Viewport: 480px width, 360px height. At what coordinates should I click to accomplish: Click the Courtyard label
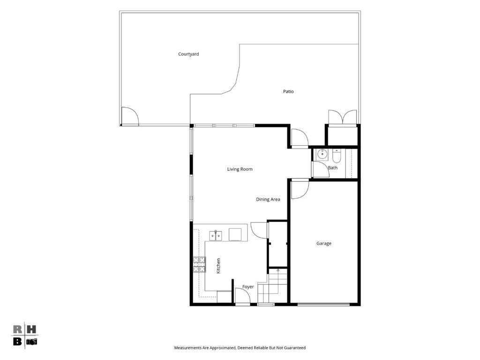[x=188, y=54]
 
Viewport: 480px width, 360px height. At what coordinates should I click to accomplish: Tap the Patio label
[x=288, y=91]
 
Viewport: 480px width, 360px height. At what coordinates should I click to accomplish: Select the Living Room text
[x=240, y=169]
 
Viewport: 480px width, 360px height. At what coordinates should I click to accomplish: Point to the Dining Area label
[x=268, y=199]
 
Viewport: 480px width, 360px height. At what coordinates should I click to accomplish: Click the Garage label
[x=324, y=243]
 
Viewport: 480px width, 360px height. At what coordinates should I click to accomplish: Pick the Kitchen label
[x=218, y=266]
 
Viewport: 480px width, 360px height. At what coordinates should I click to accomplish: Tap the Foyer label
[x=248, y=287]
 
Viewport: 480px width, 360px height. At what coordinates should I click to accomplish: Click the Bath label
[x=333, y=168]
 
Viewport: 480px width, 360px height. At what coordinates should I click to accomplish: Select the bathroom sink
[x=322, y=154]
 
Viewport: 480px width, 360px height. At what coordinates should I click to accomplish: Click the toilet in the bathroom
[x=337, y=156]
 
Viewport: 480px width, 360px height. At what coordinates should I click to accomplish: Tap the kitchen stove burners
[x=199, y=264]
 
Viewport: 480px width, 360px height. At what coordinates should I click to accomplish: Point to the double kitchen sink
[x=216, y=235]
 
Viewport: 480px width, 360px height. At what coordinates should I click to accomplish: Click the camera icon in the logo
[x=31, y=342]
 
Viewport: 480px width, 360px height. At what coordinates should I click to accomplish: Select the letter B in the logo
[x=17, y=341]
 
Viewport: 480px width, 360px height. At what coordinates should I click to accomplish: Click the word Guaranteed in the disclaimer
[x=295, y=348]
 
